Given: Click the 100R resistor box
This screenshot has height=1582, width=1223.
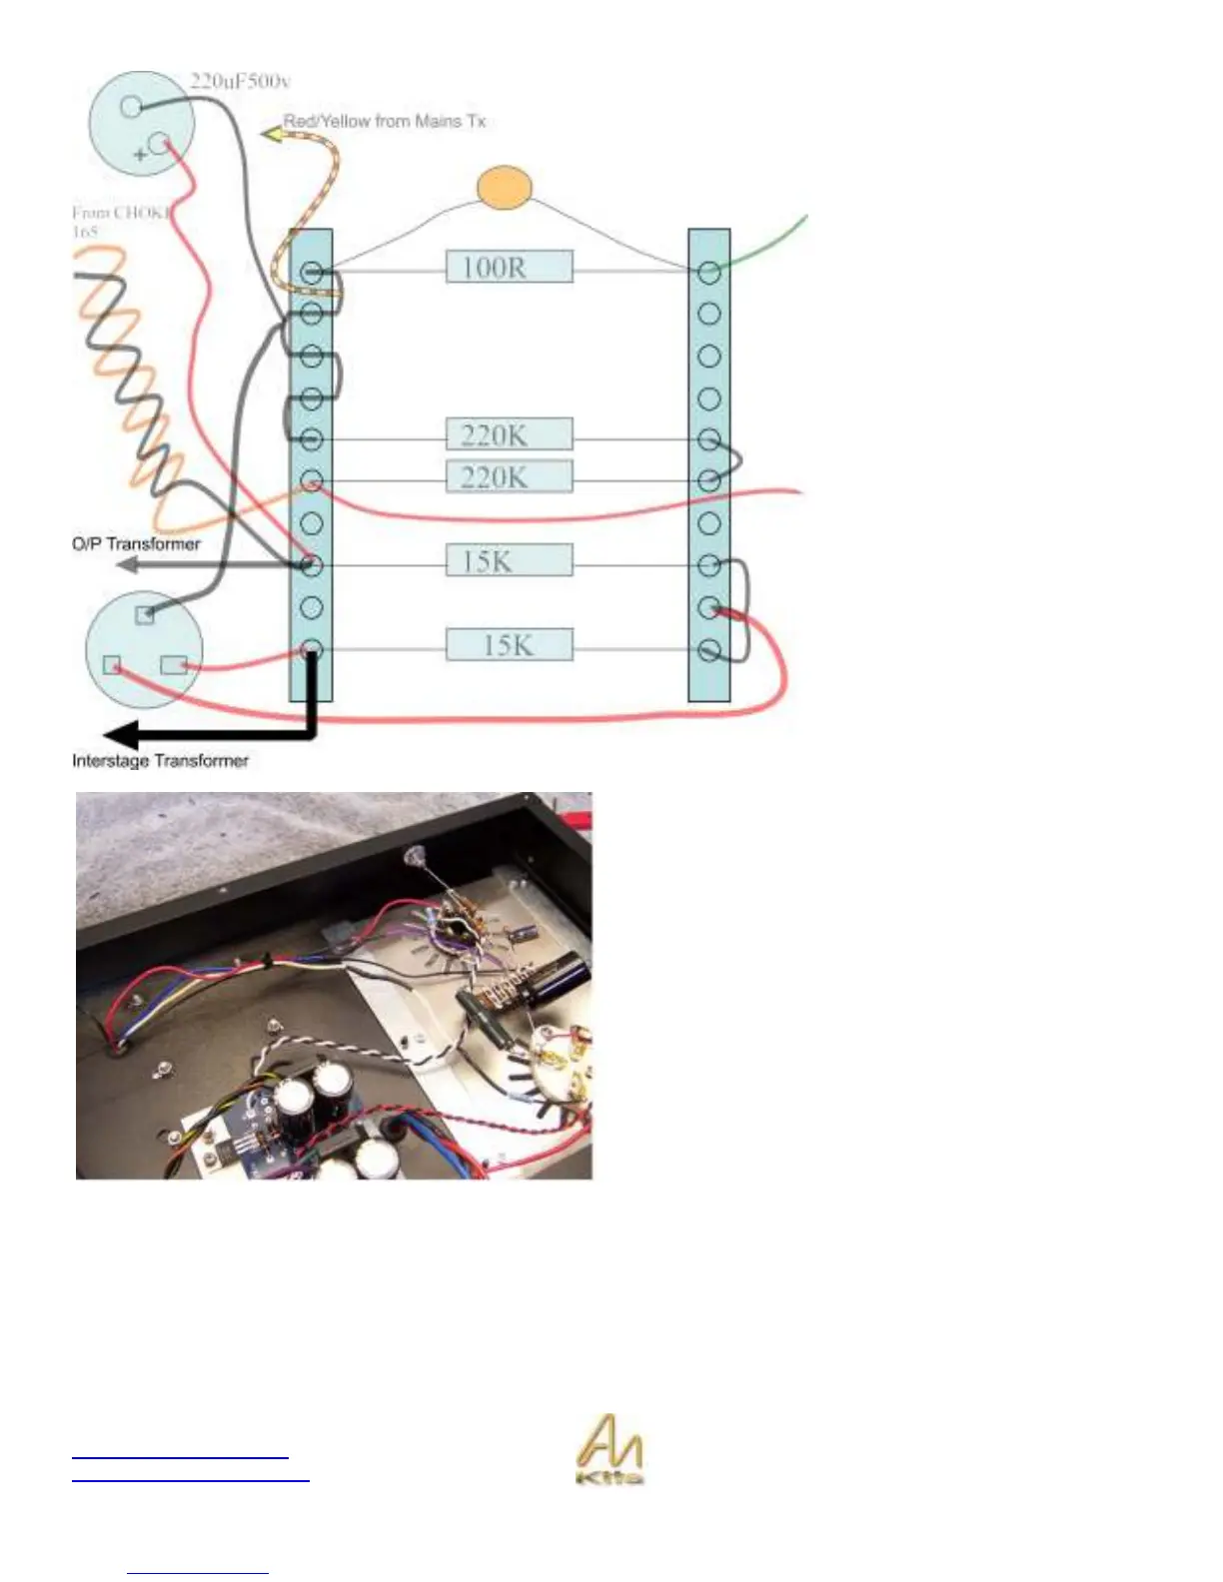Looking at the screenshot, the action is (x=509, y=267).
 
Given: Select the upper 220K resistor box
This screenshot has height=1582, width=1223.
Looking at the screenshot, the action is (x=509, y=434).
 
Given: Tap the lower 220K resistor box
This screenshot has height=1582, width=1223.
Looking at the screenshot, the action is (x=509, y=476).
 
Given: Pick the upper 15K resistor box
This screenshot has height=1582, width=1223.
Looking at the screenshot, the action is (x=509, y=560).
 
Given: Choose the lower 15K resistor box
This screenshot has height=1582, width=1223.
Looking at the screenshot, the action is (x=509, y=644).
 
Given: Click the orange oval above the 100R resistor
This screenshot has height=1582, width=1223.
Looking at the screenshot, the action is (x=504, y=188).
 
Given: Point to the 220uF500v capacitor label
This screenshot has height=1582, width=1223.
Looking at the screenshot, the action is (x=240, y=81).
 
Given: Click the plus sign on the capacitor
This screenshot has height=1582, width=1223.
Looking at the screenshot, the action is (x=140, y=155).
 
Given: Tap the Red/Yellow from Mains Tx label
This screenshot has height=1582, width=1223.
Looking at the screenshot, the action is (x=385, y=121).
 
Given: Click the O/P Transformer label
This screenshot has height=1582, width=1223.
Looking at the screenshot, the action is (x=136, y=544).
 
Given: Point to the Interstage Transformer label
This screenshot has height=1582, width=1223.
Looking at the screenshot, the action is (x=160, y=761).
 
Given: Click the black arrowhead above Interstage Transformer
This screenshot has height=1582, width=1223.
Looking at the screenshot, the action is (x=121, y=736).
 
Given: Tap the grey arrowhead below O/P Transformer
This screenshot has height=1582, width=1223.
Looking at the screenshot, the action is (x=126, y=565).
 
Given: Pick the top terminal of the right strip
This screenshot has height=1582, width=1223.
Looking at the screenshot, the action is (x=709, y=272).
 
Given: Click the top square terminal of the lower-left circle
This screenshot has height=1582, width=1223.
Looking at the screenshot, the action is (x=146, y=614).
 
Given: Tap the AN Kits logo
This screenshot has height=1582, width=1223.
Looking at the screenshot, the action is (x=610, y=1450).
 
